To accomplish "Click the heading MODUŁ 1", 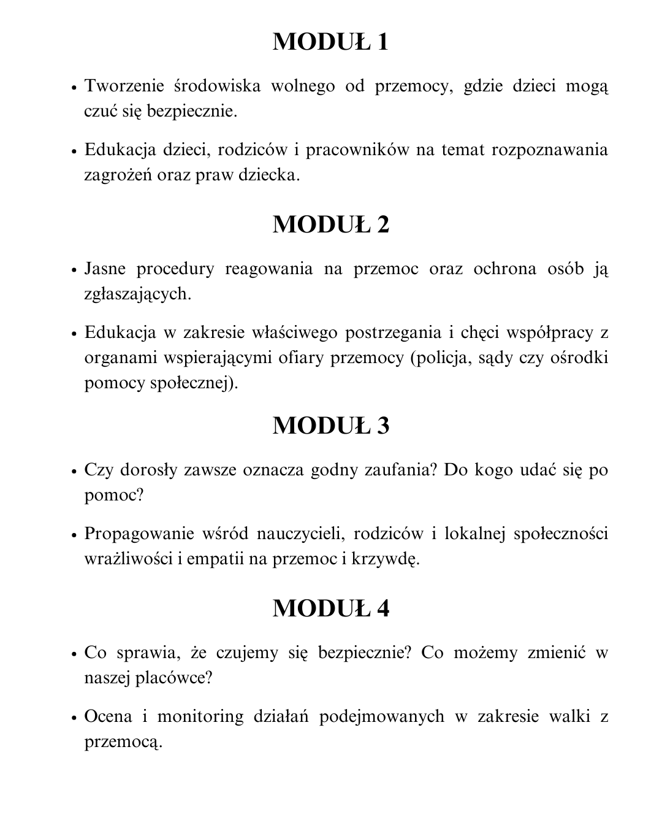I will point(331,42).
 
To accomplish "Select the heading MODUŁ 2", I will point(331,224).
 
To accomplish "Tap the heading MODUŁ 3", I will point(331,426).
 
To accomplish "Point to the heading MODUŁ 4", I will point(331,608).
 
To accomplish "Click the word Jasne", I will point(105,269).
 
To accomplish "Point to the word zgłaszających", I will point(137,294).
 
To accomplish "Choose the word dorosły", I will point(151,470).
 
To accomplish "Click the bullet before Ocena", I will point(74,717).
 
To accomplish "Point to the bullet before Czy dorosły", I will point(74,470).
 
